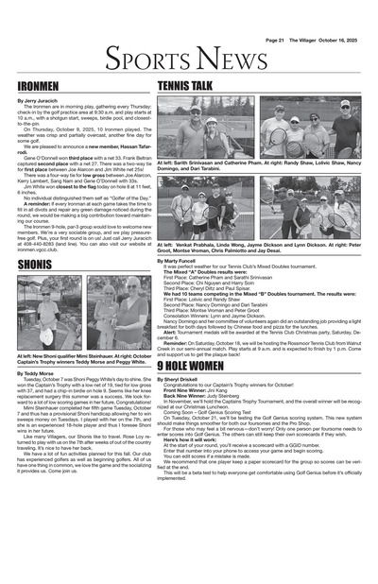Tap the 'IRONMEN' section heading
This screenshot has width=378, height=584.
click(x=37, y=86)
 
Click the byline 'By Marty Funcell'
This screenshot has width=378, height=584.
click(x=180, y=259)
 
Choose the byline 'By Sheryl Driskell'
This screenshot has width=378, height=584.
click(x=182, y=379)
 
